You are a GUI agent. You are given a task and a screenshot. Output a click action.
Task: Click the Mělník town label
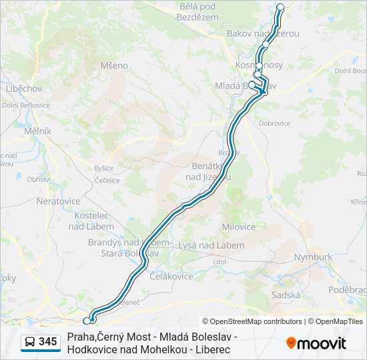tap(37, 131)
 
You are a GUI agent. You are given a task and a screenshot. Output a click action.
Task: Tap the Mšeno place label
tap(113, 65)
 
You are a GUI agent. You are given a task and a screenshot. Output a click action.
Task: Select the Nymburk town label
tap(312, 257)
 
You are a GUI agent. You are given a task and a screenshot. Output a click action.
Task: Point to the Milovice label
tap(238, 227)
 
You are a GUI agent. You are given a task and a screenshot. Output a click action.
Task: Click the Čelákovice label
tap(171, 276)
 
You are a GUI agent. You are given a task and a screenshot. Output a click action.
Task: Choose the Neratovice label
tap(58, 201)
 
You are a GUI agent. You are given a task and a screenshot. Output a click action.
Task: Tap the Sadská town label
tap(286, 294)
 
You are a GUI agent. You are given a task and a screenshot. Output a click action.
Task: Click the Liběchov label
tap(24, 88)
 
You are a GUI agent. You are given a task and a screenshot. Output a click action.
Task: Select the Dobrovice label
tap(274, 123)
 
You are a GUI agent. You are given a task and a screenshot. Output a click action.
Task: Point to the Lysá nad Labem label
tap(211, 245)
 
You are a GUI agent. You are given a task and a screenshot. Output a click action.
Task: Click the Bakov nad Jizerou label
tap(263, 33)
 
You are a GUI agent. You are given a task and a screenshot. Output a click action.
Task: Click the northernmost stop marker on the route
tap(280, 7)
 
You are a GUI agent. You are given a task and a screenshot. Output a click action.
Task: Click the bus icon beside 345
tap(30, 342)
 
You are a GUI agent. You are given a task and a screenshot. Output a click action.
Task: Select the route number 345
tap(47, 342)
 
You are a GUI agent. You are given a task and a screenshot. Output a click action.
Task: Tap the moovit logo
tap(316, 343)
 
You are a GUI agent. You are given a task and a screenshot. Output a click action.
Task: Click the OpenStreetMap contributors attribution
tap(253, 321)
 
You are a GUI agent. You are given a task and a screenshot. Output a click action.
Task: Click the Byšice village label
tap(103, 168)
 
